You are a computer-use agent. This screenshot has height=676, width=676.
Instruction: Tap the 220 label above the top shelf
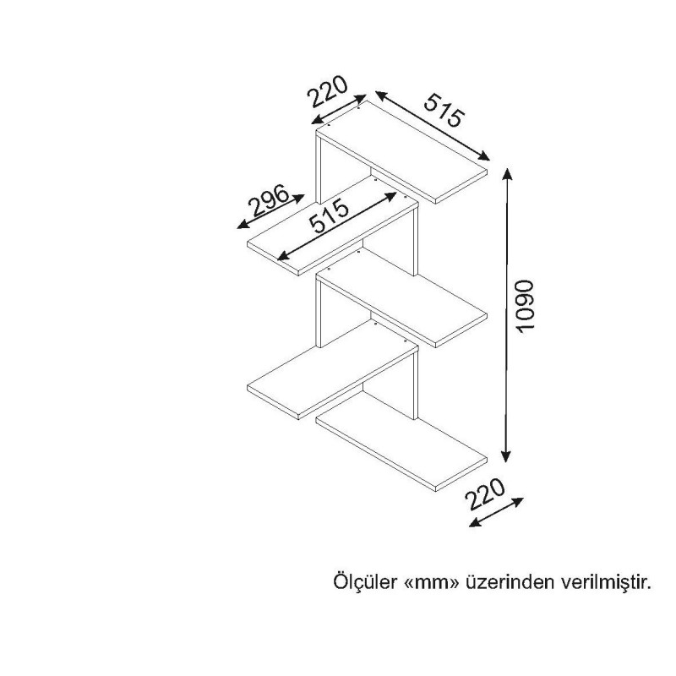tap(328, 90)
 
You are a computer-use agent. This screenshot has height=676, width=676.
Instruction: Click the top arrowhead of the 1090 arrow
tap(507, 173)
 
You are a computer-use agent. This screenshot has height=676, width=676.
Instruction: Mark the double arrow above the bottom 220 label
tap(495, 512)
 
